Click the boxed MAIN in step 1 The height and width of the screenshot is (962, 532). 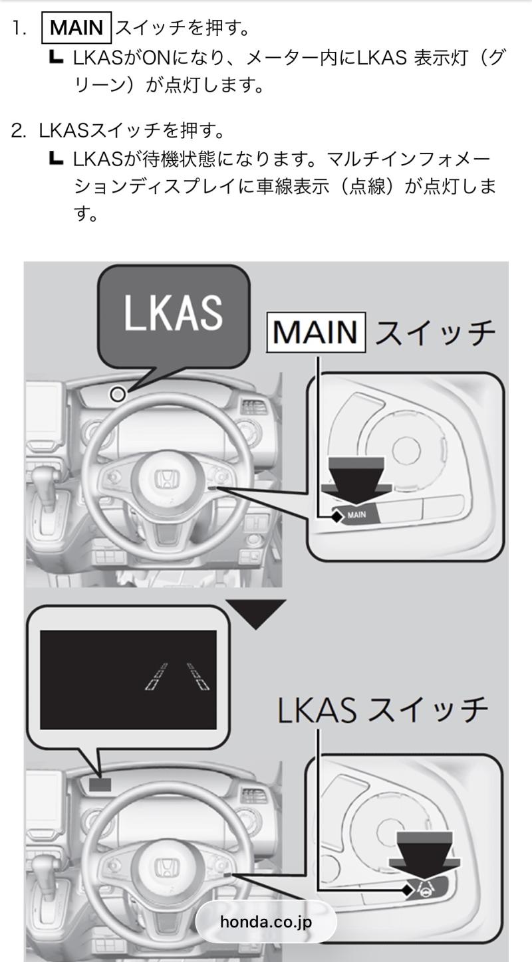point(76,28)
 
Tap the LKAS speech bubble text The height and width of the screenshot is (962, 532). point(173,313)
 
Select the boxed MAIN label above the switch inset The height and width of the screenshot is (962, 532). point(316,332)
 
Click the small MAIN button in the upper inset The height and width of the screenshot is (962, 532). point(356,514)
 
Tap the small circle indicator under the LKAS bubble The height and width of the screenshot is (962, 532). point(118,394)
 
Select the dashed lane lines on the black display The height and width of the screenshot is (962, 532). point(177,677)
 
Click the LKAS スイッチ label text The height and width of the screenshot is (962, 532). point(382,710)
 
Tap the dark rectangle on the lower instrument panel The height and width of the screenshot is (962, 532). point(100,784)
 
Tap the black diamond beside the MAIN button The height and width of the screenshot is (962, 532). point(337,517)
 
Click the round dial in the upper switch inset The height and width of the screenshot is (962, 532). point(406,450)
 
